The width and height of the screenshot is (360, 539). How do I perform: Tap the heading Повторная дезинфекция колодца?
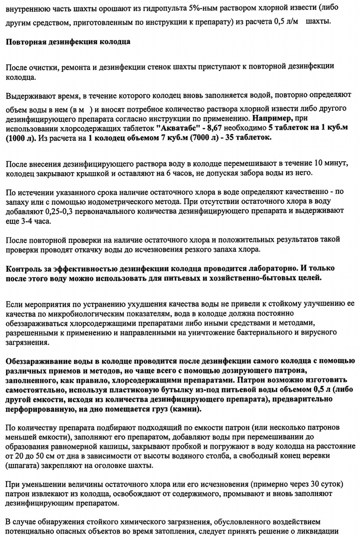68,42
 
